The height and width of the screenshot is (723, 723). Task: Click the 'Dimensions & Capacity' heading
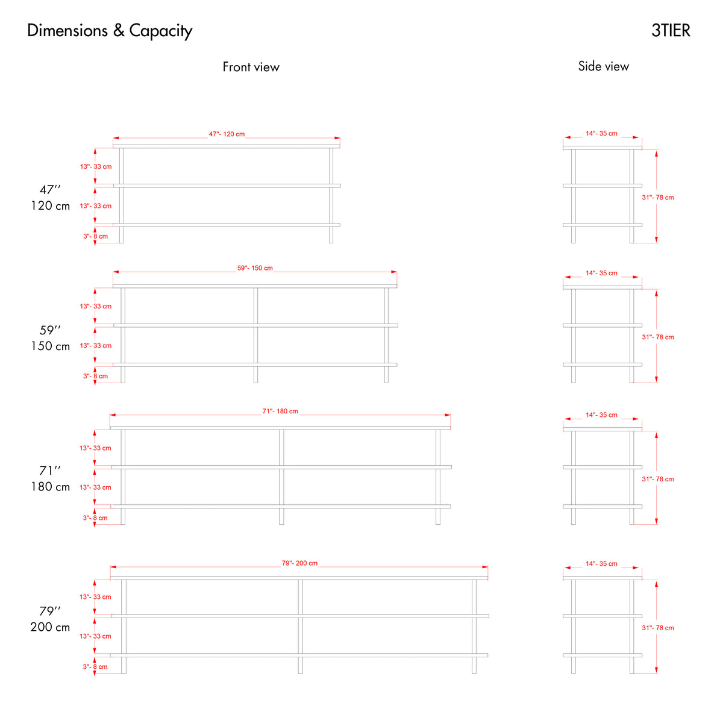110,31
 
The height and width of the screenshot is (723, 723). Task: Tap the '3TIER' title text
671,30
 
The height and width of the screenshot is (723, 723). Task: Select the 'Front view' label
251,67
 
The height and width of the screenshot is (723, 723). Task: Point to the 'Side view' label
603,66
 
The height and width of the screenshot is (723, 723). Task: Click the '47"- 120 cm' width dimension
227,134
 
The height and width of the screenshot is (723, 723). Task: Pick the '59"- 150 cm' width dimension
255,268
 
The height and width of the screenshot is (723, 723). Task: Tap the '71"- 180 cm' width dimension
280,411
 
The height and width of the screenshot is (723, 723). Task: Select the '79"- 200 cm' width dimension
299,563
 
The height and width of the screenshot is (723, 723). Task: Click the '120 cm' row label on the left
50,205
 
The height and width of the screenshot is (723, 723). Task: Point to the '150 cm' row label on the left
50,346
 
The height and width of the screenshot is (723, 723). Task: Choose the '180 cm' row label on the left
50,487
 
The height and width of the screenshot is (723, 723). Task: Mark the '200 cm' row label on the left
50,627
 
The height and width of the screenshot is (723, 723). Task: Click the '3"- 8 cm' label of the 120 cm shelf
95,236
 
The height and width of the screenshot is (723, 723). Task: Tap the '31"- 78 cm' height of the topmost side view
658,198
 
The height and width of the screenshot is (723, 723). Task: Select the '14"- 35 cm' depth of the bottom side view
601,563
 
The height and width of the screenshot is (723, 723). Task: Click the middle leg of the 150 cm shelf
255,335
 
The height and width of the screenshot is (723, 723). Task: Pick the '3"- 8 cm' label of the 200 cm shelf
95,666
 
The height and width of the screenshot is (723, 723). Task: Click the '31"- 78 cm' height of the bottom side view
658,628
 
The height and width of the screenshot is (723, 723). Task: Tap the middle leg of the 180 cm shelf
281,477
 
